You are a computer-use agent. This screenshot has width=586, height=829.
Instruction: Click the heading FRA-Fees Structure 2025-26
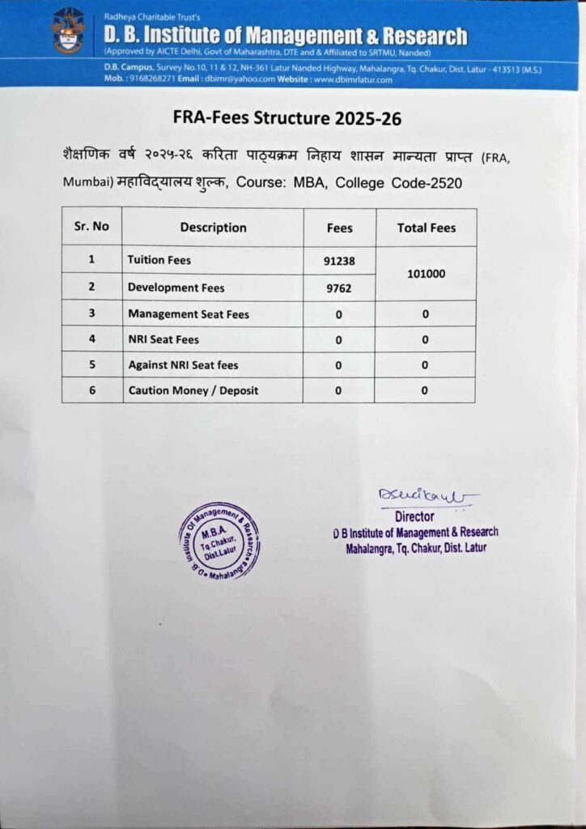pos(287,117)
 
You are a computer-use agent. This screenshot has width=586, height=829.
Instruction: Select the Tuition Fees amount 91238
pos(339,261)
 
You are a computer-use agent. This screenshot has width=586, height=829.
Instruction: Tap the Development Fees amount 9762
pos(339,287)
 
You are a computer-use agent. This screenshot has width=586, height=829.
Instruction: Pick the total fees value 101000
pos(426,274)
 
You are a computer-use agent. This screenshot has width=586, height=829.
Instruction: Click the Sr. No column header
pos(91,227)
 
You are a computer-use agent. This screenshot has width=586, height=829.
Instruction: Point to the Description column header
pos(213,227)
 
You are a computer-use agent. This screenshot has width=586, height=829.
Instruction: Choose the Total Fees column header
pos(426,228)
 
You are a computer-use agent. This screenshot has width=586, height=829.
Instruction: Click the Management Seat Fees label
pos(189,314)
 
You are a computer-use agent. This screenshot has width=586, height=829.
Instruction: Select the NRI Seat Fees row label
pos(163,339)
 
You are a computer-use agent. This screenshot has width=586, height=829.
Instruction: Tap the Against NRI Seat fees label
pos(183,365)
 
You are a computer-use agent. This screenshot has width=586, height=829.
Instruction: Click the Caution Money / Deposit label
pos(193,390)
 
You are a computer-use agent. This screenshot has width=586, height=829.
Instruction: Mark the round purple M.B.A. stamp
pos(219,540)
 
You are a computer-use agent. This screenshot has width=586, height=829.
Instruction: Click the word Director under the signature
pos(414,517)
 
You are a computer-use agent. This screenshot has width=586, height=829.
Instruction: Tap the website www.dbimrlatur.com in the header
pos(352,79)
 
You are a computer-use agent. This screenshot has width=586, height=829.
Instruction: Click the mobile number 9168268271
pos(146,79)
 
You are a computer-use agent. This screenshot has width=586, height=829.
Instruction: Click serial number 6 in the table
pos(91,390)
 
